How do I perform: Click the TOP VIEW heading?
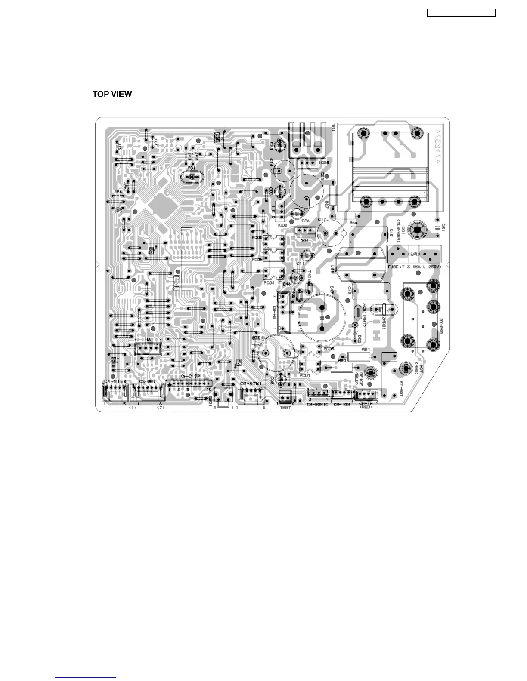pyautogui.click(x=112, y=94)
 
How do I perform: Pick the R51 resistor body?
pyautogui.click(x=359, y=356)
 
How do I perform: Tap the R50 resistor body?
pyautogui.click(x=342, y=368)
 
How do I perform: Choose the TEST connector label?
pyautogui.click(x=285, y=408)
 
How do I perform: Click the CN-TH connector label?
pyautogui.click(x=366, y=403)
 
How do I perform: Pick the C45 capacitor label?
pyautogui.click(x=391, y=233)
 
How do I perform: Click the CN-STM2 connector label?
pyautogui.click(x=115, y=381)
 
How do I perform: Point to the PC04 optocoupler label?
pyautogui.click(x=269, y=283)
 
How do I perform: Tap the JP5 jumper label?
pyautogui.click(x=118, y=211)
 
